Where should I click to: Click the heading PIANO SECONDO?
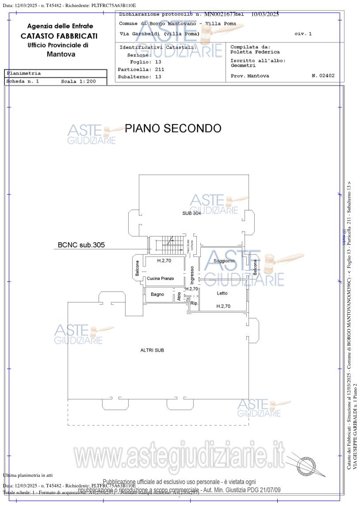click(x=173, y=128)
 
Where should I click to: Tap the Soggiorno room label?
click(x=224, y=261)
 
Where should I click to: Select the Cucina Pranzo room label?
click(x=161, y=278)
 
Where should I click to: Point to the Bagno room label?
click(x=157, y=294)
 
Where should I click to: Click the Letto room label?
click(x=222, y=293)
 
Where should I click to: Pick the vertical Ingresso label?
click(x=192, y=275)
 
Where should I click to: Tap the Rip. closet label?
click(x=194, y=303)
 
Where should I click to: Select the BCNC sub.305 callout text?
click(x=81, y=245)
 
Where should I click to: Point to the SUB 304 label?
click(x=191, y=213)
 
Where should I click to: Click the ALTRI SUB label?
click(x=152, y=350)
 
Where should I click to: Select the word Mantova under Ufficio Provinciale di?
click(x=61, y=54)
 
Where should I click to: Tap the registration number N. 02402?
click(x=323, y=76)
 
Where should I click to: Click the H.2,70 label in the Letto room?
click(x=223, y=306)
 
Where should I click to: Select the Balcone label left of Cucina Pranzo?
click(x=138, y=268)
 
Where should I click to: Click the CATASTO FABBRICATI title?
click(x=59, y=36)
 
